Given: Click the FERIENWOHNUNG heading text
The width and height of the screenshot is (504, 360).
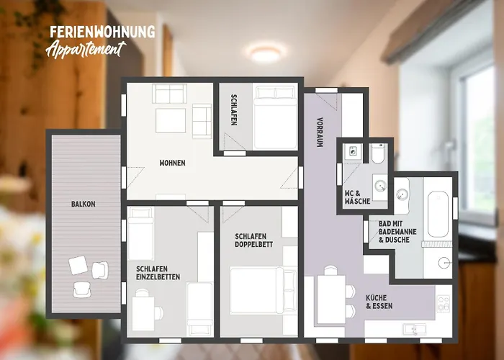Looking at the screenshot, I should pos(102,32).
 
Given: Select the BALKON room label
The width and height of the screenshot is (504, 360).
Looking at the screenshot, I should pos(83,204).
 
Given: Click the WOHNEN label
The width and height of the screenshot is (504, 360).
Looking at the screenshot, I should pos(172,163).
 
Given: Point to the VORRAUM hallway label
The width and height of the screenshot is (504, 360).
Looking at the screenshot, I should pos(319,132).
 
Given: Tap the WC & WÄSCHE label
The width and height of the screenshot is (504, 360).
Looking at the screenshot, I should pos(357,197).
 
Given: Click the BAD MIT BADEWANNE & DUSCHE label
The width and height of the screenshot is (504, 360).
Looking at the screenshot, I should pos(394,232).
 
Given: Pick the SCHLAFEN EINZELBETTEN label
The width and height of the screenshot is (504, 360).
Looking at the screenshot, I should pos(158,272).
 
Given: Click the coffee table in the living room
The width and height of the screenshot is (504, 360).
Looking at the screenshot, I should pos(171,120).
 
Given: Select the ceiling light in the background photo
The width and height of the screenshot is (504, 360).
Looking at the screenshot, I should pos(264,51).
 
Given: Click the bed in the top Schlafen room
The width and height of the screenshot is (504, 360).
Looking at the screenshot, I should pos(274,115).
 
